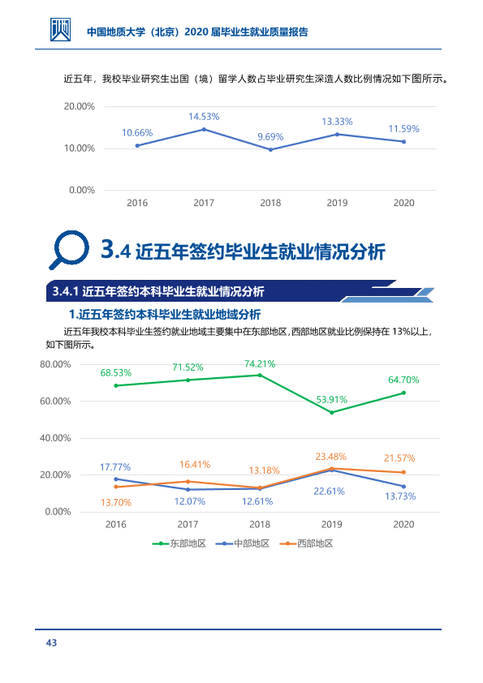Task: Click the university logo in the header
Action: [x=60, y=30]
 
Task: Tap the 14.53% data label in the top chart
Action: [x=204, y=117]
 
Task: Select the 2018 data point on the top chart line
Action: [x=270, y=149]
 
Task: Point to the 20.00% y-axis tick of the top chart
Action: [x=80, y=106]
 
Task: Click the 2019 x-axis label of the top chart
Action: [x=337, y=203]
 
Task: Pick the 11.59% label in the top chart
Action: [x=403, y=129]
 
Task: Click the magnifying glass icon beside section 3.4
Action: [x=69, y=250]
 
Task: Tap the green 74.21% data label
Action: [x=260, y=364]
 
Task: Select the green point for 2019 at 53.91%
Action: [x=332, y=412]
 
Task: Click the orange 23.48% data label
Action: [x=331, y=457]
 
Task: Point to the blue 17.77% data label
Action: [x=115, y=467]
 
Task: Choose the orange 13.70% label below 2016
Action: [x=116, y=503]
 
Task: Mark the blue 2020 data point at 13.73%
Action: [x=403, y=487]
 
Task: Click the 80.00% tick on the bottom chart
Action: [x=55, y=364]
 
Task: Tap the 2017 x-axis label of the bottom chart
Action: [x=188, y=525]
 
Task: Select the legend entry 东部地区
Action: [x=179, y=543]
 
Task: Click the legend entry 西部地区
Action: [x=306, y=543]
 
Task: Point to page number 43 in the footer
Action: [x=51, y=643]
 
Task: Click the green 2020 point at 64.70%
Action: [x=403, y=393]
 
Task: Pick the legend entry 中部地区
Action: [x=243, y=543]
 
